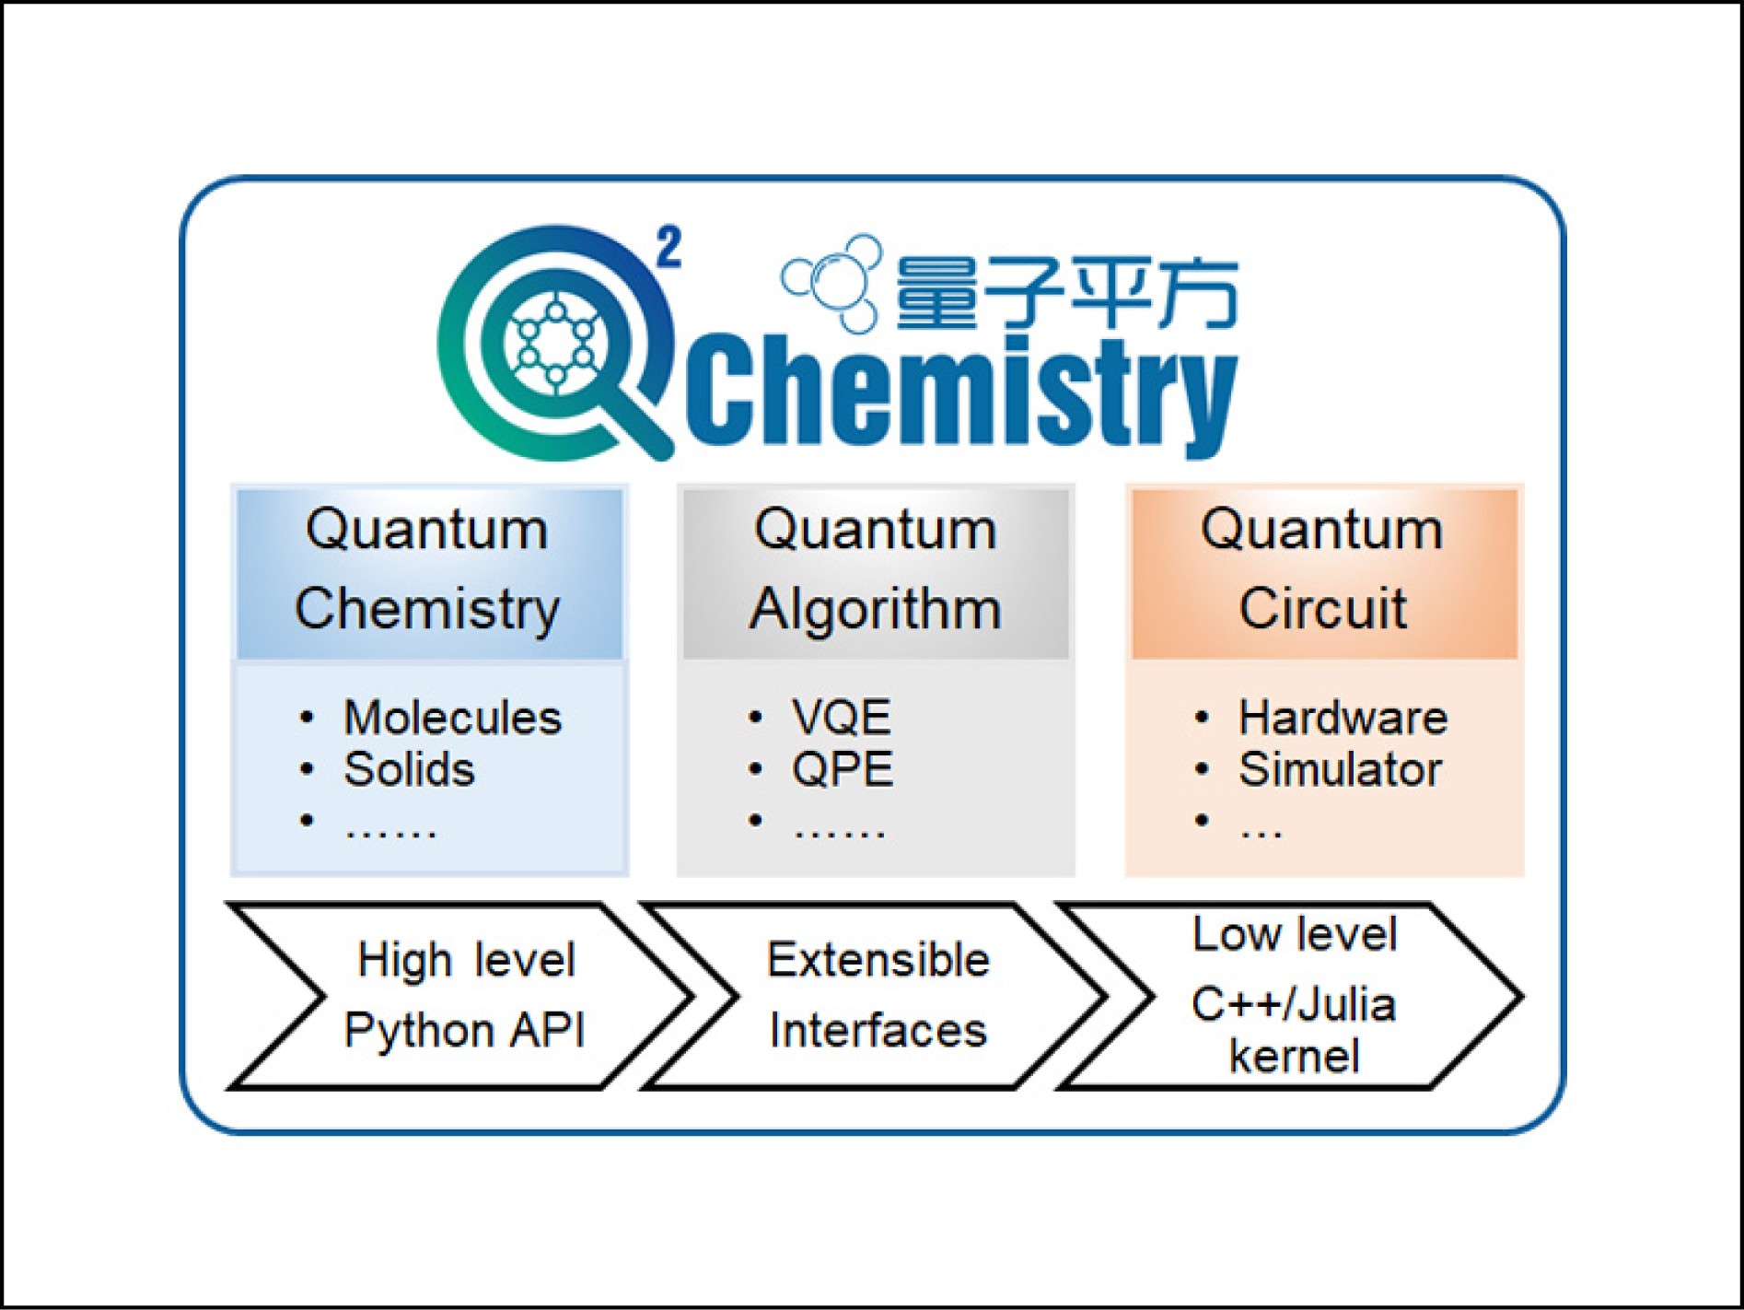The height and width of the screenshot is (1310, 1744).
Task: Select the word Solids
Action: click(409, 769)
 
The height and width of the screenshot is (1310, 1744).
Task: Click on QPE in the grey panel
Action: click(843, 769)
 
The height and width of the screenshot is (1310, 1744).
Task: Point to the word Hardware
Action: click(1343, 718)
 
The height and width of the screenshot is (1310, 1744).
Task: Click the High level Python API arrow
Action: click(460, 996)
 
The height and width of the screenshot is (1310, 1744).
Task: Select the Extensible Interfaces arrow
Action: click(876, 996)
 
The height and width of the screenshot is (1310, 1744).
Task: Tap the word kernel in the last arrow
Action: click(1294, 1057)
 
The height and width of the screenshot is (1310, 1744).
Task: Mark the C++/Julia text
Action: click(1293, 1004)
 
